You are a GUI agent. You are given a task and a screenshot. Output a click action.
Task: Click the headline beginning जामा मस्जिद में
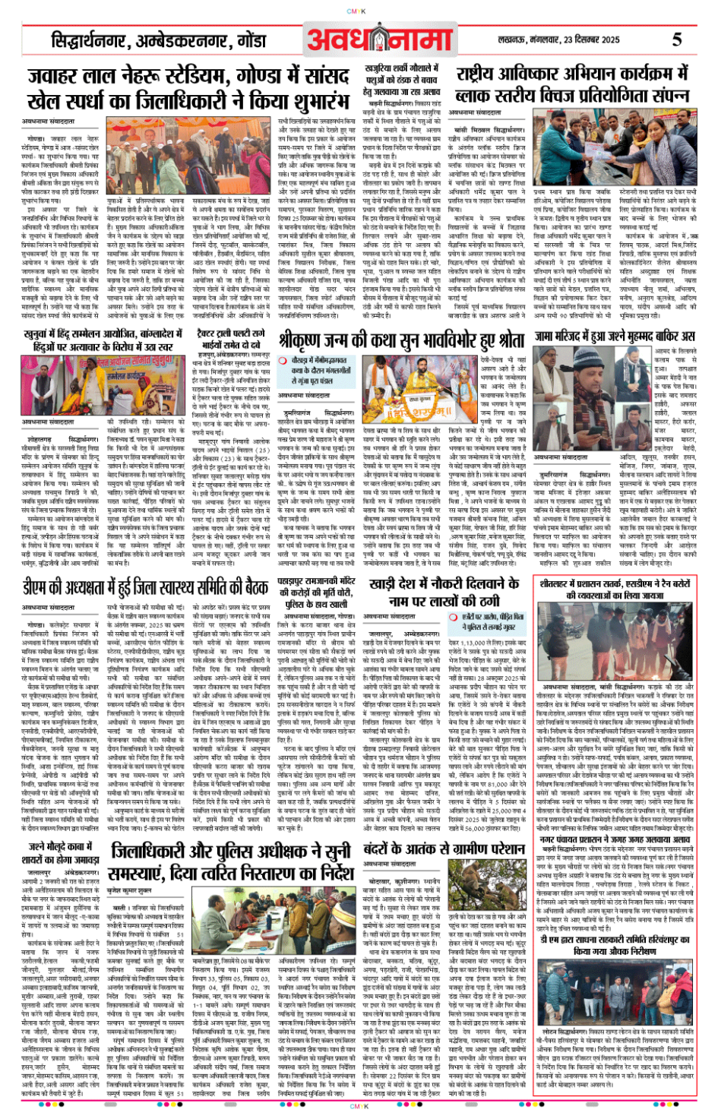click(x=615, y=336)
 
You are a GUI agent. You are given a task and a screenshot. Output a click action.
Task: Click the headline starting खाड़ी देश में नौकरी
click(x=444, y=593)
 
